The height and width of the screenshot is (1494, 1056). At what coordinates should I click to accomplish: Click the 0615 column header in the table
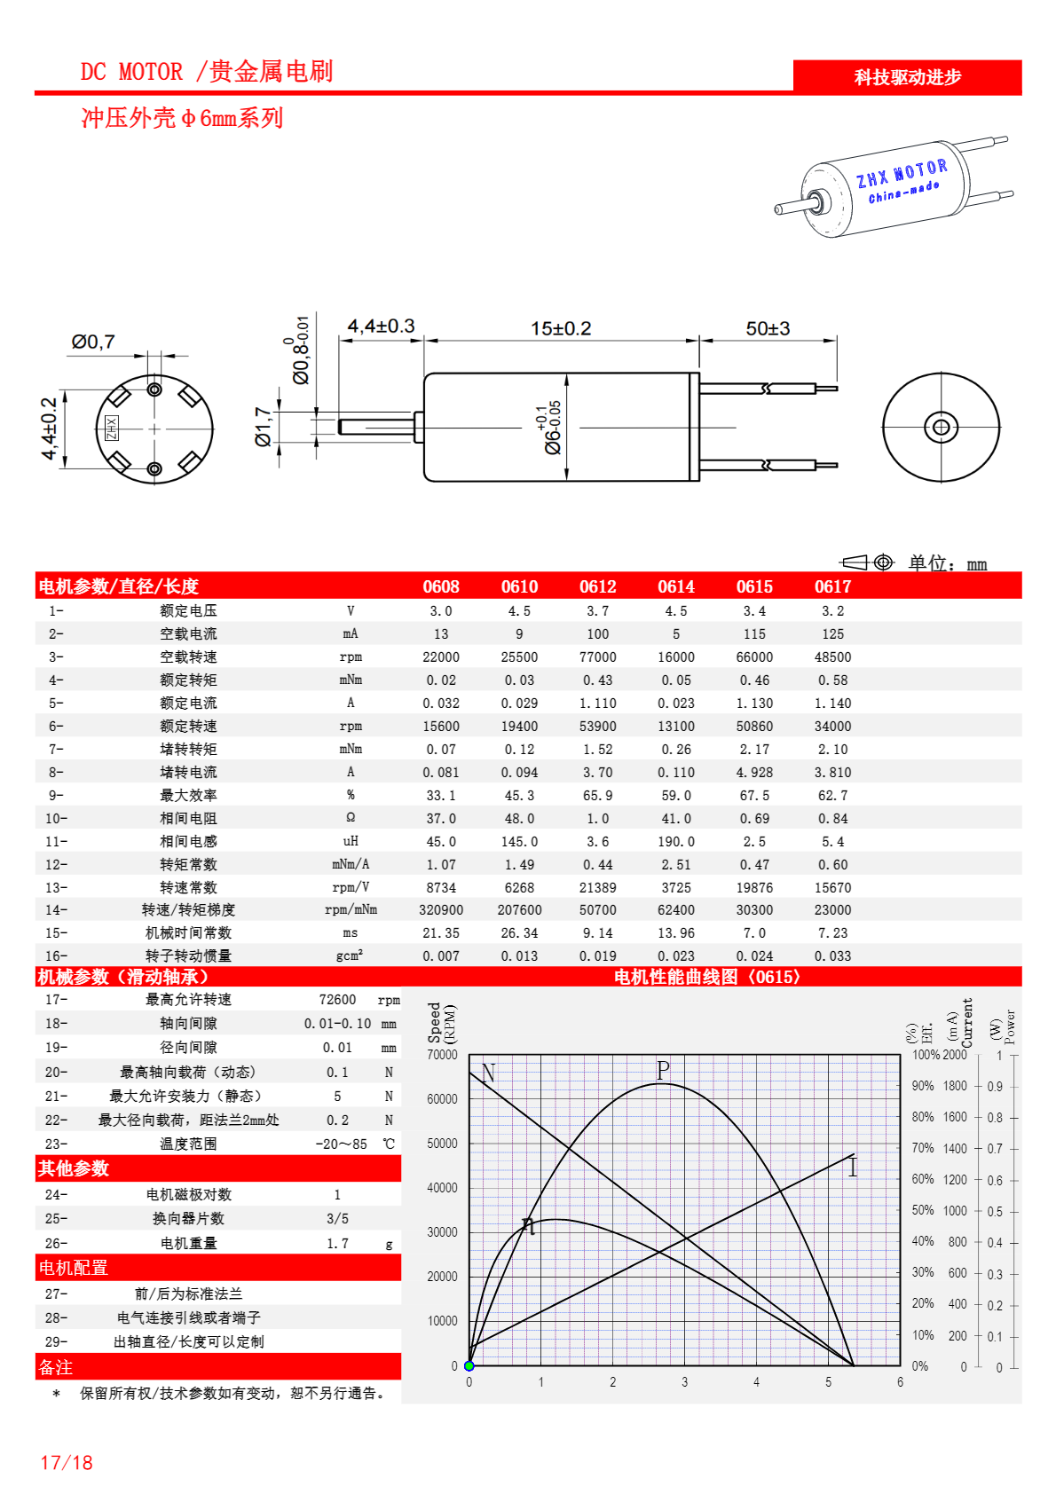(x=754, y=586)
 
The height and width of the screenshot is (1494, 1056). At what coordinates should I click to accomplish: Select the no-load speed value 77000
(x=597, y=657)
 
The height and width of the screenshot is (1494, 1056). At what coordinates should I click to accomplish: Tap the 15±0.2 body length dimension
(x=561, y=328)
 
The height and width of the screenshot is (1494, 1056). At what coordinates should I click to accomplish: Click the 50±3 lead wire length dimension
(x=768, y=328)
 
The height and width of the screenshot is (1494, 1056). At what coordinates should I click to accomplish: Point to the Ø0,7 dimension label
(x=93, y=342)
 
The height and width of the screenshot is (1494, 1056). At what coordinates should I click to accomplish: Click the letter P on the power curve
(x=663, y=1070)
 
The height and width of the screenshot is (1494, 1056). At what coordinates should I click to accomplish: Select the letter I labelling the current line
(x=853, y=1168)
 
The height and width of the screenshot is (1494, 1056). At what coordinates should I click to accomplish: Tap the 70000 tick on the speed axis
(x=442, y=1055)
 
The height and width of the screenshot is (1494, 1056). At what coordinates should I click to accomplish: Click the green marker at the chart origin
(x=469, y=1366)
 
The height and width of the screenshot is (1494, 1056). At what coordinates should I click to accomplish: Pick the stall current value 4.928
(x=754, y=773)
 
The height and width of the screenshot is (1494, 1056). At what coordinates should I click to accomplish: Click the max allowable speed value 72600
(x=337, y=1000)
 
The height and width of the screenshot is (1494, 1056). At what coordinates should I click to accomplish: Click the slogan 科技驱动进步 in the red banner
(x=907, y=77)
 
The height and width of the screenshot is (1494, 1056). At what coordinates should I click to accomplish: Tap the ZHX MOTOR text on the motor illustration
(x=902, y=174)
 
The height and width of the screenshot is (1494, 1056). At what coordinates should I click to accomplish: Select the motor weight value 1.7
(x=337, y=1244)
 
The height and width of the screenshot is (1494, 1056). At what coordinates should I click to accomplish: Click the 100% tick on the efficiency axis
(x=926, y=1055)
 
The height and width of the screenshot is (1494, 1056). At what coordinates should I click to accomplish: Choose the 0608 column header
(x=441, y=586)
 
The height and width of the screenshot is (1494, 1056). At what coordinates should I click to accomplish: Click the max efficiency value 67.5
(x=754, y=796)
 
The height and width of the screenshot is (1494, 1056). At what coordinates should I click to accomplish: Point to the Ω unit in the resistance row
(x=351, y=818)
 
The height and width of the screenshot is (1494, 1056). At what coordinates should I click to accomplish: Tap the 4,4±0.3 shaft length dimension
(x=381, y=326)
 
